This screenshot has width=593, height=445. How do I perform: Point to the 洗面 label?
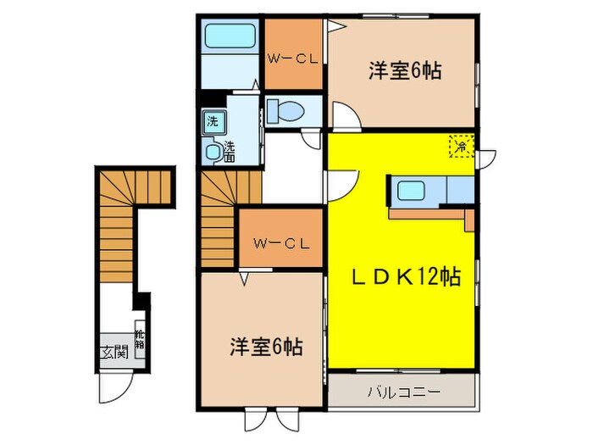[230, 152]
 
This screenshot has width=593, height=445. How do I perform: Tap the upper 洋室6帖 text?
[403, 71]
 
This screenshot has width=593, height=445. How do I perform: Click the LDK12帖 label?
[407, 276]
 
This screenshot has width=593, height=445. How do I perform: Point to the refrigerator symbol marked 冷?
[462, 146]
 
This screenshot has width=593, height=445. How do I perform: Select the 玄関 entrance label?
[114, 352]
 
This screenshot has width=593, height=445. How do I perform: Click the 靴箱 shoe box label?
[139, 341]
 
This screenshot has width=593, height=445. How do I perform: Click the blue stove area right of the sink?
[457, 191]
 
